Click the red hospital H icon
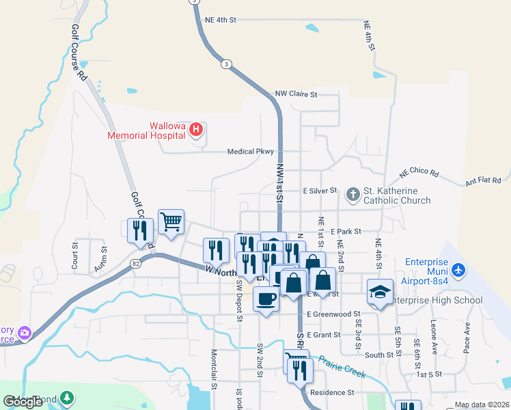(x=196, y=129)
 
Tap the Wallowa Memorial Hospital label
(x=147, y=130)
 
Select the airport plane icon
(x=458, y=271)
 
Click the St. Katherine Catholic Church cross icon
(x=353, y=195)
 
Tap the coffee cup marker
(x=266, y=299)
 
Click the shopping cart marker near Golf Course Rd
(x=171, y=221)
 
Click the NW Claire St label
(x=296, y=94)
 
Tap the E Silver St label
(x=320, y=191)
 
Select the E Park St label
(x=346, y=232)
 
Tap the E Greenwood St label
(x=333, y=314)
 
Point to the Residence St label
(x=332, y=393)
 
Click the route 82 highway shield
(x=135, y=263)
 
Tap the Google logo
(x=23, y=402)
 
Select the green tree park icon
(x=67, y=397)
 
